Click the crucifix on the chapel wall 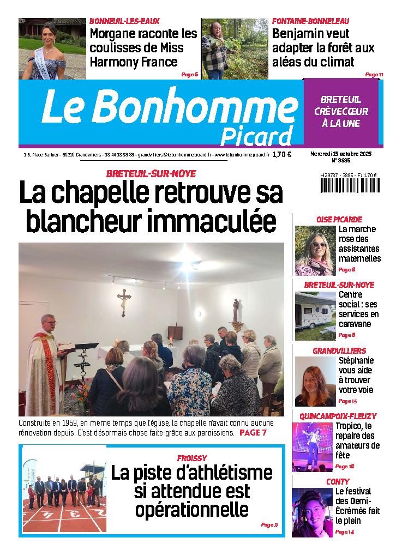click(124, 301)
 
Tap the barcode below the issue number click(349, 186)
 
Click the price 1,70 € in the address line click(282, 154)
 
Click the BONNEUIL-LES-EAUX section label click(124, 21)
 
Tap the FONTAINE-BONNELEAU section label click(311, 21)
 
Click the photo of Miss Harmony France click(50, 49)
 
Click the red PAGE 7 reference click(253, 433)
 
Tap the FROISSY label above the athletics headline click(192, 458)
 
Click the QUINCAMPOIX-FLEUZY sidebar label click(338, 416)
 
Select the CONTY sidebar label click(338, 482)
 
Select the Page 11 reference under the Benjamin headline click(374, 74)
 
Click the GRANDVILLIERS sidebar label click(339, 350)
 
